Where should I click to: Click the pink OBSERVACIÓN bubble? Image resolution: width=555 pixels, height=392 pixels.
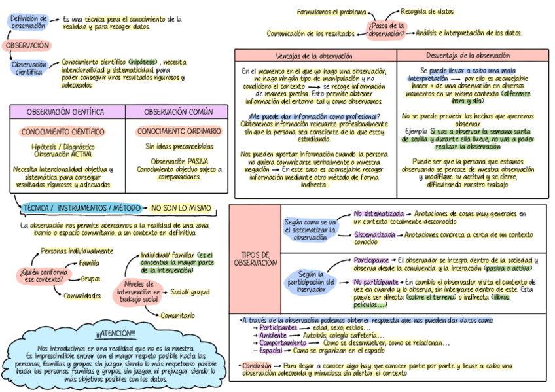coord(27,46)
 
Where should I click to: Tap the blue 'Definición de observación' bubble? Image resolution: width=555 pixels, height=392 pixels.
coord(29,22)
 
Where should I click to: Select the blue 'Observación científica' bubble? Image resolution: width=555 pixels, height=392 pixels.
coord(29,67)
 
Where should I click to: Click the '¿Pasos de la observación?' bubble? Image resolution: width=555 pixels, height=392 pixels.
coord(387,29)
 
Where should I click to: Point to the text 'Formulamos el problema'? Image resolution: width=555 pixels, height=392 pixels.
coord(332,12)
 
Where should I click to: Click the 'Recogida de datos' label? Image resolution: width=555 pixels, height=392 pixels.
coord(427,11)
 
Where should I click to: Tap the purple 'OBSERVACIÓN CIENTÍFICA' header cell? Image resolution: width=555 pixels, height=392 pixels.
coord(66,112)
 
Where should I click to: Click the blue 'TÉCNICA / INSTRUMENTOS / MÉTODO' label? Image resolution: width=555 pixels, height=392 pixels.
coord(81,208)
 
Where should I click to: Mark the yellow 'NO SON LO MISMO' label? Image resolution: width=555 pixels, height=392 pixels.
coord(181,208)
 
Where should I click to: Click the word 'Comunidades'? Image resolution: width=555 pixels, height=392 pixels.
coord(82,296)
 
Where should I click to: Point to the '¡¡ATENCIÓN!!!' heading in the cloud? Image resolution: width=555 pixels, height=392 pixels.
coord(116,333)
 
